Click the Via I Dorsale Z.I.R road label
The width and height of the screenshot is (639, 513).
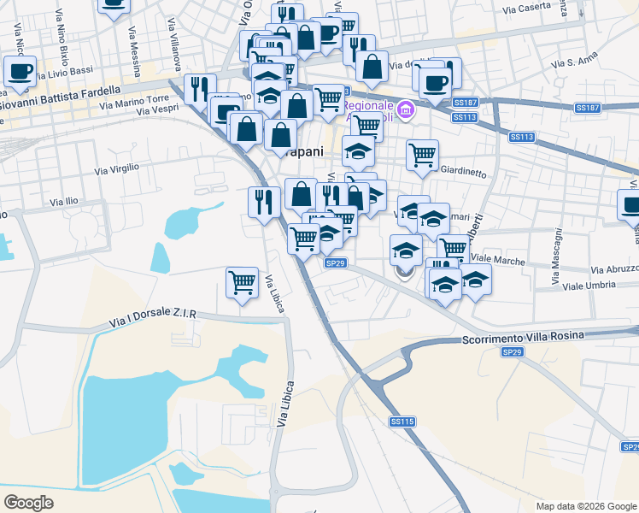[153, 319]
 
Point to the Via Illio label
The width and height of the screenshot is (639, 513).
[65, 202]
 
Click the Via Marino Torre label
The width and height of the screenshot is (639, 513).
[135, 101]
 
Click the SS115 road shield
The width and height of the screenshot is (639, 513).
[402, 422]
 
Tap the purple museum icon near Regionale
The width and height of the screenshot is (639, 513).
[406, 109]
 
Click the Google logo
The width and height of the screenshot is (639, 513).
[29, 503]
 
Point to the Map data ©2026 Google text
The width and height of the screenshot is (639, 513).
[586, 506]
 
